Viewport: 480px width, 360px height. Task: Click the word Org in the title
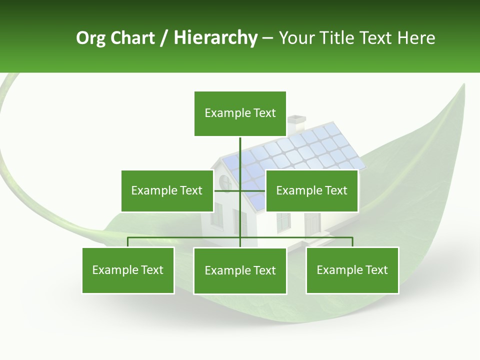click(90, 38)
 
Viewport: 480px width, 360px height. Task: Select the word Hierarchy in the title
click(215, 38)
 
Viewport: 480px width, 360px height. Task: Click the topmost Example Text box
click(240, 113)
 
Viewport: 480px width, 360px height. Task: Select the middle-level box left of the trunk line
click(167, 190)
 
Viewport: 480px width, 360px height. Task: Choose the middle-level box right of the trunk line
click(311, 190)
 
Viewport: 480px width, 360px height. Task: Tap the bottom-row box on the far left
click(128, 270)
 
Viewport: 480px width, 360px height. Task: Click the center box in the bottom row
click(240, 270)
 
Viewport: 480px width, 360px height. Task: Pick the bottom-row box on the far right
click(352, 270)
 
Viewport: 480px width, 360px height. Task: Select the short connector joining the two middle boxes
click(240, 190)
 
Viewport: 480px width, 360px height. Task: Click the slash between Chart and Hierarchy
click(163, 38)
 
